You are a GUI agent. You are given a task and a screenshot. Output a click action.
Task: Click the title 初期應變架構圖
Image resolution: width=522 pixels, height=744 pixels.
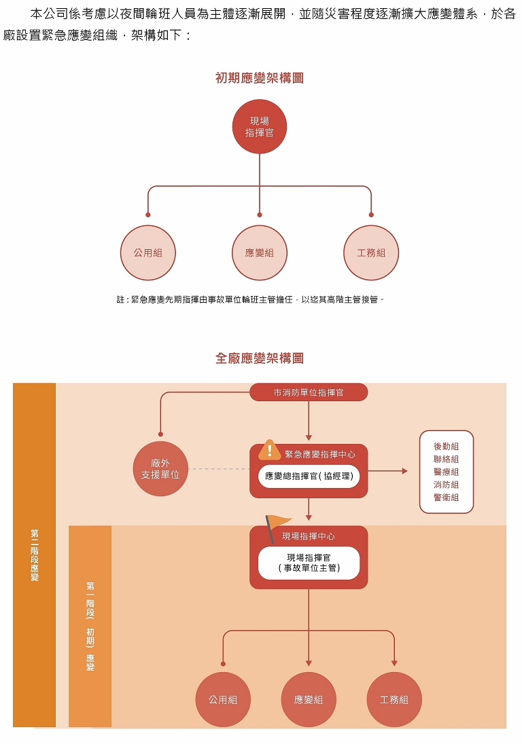(260, 78)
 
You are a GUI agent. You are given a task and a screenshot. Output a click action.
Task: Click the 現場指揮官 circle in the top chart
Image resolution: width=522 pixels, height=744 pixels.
(260, 127)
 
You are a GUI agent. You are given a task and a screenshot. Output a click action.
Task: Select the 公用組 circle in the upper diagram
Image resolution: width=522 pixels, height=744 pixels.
(148, 253)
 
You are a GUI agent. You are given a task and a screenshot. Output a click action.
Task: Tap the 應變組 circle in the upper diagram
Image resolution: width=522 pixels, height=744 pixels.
(260, 253)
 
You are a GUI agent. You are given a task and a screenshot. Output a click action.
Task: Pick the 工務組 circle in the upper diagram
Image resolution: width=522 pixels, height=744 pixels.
(371, 253)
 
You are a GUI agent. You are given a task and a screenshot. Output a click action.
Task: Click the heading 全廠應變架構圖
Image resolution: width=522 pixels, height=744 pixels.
(260, 358)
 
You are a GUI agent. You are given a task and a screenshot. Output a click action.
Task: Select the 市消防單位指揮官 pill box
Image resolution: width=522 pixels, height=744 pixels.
(309, 392)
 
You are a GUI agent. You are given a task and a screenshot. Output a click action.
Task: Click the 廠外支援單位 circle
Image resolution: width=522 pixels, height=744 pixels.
(160, 468)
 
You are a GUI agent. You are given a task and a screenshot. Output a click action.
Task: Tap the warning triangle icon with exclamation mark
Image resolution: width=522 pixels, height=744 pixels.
(270, 450)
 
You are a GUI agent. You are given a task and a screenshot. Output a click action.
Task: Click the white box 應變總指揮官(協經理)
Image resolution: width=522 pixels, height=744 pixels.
(309, 476)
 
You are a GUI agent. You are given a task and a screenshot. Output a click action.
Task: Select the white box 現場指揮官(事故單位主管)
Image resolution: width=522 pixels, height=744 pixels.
(309, 563)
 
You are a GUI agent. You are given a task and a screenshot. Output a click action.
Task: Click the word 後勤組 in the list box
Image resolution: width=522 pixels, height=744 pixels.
(446, 446)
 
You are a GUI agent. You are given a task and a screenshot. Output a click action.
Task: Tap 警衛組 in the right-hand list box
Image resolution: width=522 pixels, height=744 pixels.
(446, 498)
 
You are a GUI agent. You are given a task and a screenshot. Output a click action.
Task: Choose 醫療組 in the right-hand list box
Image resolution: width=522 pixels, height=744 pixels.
(446, 472)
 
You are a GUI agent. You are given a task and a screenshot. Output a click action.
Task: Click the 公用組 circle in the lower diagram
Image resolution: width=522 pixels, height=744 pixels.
(223, 699)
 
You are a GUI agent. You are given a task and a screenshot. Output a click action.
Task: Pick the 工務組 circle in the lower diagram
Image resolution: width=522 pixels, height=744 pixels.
(394, 699)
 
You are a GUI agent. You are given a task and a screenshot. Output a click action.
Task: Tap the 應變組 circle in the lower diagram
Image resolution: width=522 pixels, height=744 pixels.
(309, 699)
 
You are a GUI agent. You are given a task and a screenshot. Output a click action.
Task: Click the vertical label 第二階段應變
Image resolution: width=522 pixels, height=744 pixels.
(34, 555)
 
